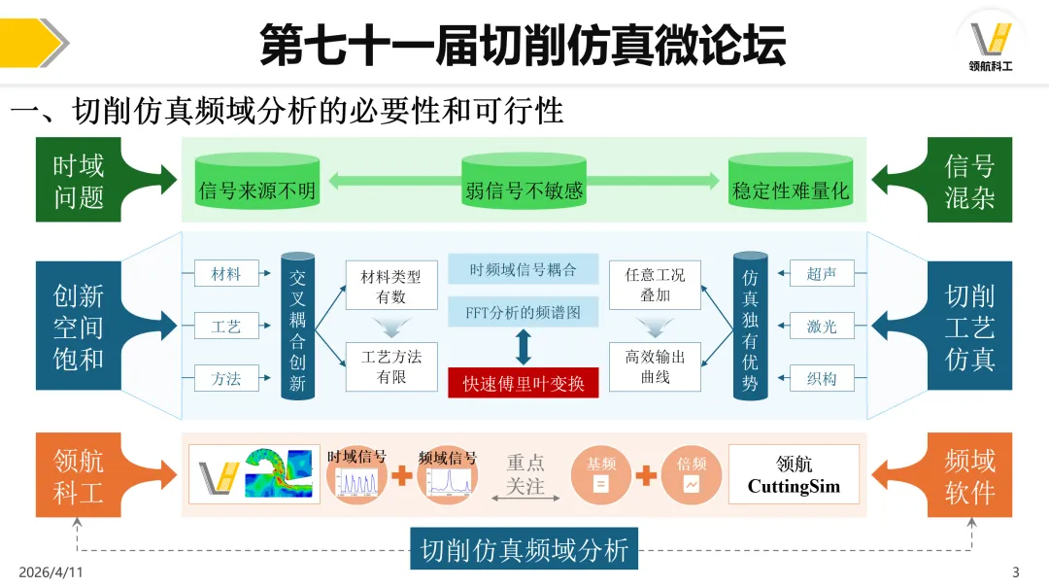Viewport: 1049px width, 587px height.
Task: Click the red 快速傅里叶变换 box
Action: tap(524, 383)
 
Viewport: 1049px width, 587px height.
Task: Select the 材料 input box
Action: tap(225, 274)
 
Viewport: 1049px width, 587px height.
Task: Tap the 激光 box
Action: tap(822, 327)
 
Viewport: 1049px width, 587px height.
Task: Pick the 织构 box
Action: tap(822, 378)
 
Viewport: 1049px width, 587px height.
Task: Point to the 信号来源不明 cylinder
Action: tap(256, 185)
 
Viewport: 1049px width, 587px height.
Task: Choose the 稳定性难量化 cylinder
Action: tap(790, 185)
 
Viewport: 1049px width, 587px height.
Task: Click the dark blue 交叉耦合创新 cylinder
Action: tap(297, 327)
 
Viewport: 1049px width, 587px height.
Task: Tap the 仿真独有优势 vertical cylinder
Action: tap(750, 327)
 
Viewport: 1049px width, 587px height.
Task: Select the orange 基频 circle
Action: tap(600, 475)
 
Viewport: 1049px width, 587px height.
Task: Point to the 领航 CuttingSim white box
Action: tap(794, 474)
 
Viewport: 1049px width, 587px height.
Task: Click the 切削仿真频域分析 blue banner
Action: tap(524, 550)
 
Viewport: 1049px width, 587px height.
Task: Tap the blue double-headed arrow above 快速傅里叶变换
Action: tap(524, 347)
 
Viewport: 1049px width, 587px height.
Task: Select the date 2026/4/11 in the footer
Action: tap(51, 572)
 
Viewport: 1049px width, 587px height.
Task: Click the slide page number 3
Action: tap(1016, 571)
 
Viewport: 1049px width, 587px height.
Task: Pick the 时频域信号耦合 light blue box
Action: tap(524, 269)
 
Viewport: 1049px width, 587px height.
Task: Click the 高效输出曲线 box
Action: tap(655, 366)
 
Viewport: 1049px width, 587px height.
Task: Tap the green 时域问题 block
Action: tap(79, 181)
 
